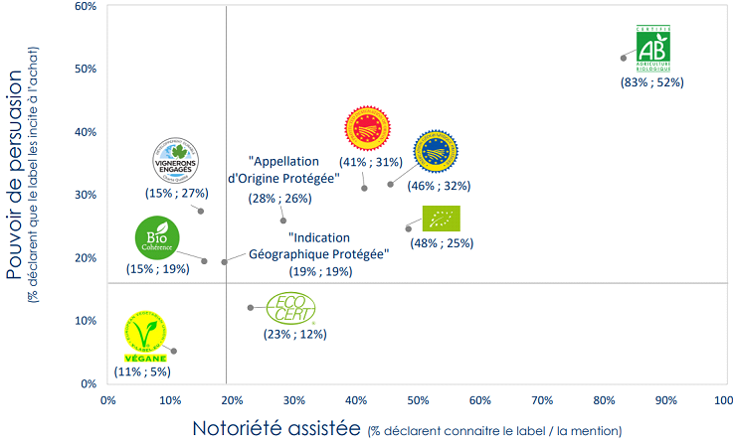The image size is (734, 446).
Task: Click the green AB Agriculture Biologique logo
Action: [x=653, y=48]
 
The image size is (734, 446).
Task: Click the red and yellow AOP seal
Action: [x=367, y=127]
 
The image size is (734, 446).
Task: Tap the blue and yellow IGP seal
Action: [x=435, y=151]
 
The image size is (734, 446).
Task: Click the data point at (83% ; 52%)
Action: [x=624, y=58]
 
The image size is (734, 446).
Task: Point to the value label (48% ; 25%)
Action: [x=442, y=242]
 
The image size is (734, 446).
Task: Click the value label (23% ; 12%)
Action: [x=294, y=335]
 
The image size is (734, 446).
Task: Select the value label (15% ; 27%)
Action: [x=176, y=193]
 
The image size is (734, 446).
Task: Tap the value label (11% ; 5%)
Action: [x=143, y=372]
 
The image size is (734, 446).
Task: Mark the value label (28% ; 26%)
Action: [x=279, y=198]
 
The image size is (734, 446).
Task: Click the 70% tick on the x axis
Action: [x=542, y=400]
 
